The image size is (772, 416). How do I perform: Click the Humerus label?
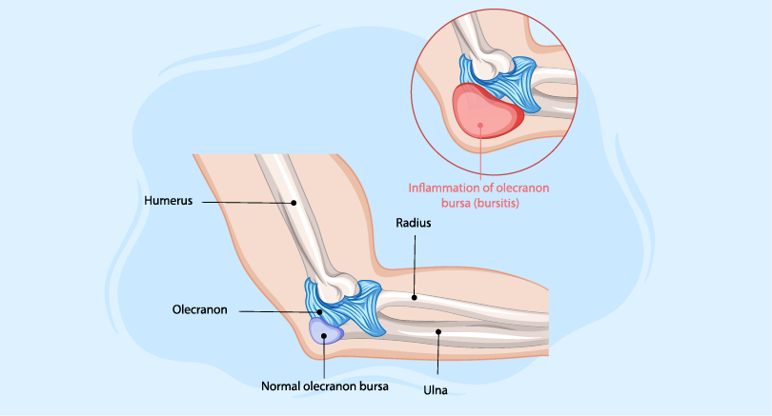pos(169,202)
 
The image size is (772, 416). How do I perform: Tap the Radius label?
pos(416,224)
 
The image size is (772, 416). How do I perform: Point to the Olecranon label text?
pos(198,311)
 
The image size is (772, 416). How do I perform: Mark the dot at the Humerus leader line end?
pos(295,203)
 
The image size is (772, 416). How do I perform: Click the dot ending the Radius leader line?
pos(415,298)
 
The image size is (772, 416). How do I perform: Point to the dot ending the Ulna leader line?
pos(437,332)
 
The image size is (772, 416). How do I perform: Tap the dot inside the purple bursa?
pos(325,334)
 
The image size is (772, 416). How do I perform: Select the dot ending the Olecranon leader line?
pos(321,311)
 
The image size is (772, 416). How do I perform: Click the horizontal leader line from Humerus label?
pos(248,203)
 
